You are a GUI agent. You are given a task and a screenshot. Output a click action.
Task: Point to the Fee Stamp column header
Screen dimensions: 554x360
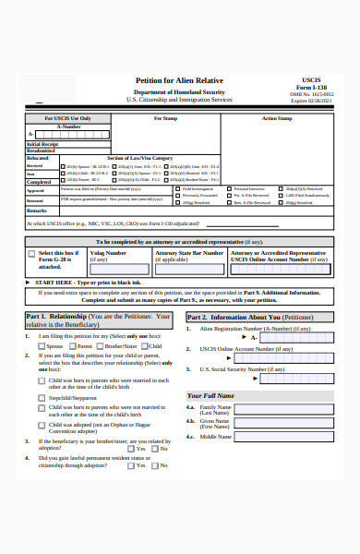pyautogui.click(x=164, y=118)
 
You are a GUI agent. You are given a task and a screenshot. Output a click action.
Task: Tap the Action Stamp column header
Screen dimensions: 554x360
pyautogui.click(x=276, y=118)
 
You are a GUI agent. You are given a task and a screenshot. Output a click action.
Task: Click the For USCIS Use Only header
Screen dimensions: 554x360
pyautogui.click(x=67, y=118)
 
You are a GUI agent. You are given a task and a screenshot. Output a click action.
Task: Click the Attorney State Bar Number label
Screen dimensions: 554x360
pyautogui.click(x=188, y=252)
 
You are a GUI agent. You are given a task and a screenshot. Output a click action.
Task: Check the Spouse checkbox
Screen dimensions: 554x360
pyautogui.click(x=42, y=345)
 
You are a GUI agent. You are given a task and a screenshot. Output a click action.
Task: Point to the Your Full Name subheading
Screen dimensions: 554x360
pyautogui.click(x=211, y=395)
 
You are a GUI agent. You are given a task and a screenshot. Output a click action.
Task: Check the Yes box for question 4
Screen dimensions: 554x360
pyautogui.click(x=129, y=465)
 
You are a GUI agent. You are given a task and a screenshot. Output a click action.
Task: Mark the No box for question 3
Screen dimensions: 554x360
pyautogui.click(x=155, y=449)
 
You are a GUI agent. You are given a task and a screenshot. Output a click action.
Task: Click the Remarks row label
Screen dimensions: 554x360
pyautogui.click(x=36, y=211)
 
